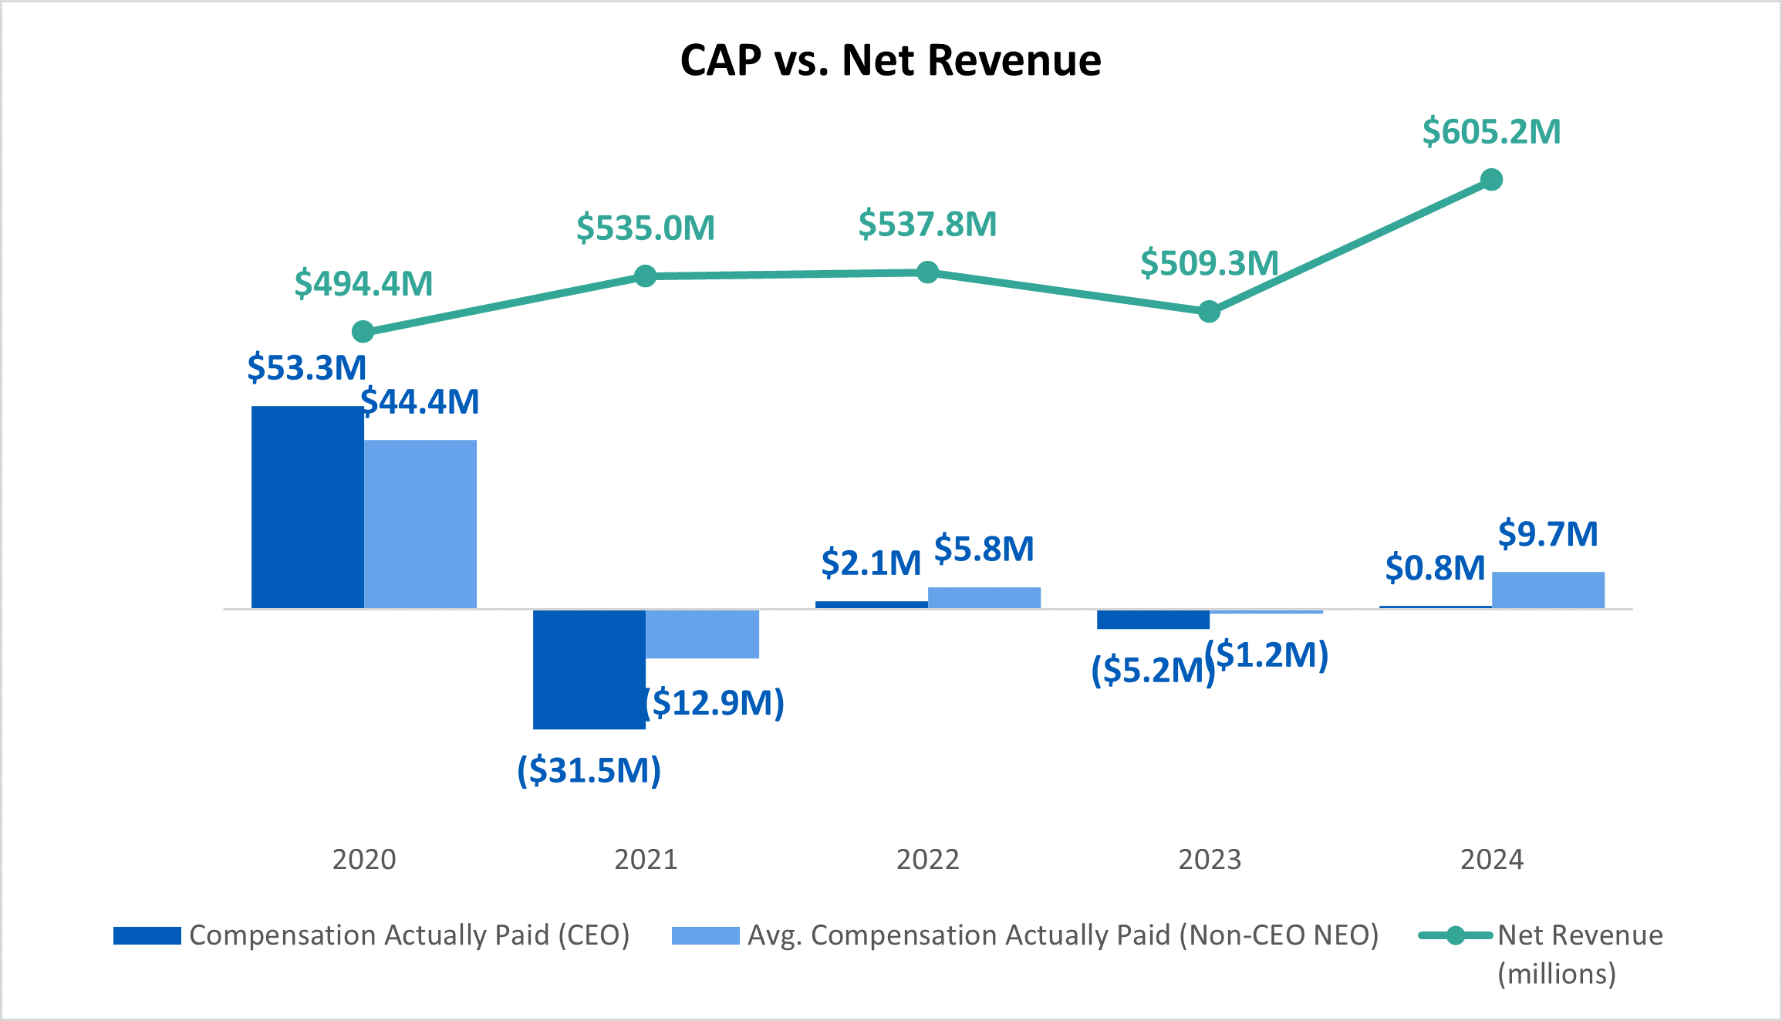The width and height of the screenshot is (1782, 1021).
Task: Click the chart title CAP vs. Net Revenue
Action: click(x=890, y=60)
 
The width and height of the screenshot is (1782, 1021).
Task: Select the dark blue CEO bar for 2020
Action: click(x=307, y=507)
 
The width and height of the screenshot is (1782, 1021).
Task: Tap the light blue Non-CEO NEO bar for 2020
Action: click(x=420, y=524)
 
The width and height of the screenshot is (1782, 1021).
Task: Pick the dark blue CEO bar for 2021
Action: click(x=589, y=669)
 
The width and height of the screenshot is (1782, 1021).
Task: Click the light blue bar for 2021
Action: click(x=702, y=634)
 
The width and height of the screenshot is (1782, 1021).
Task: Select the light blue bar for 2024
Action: click(x=1547, y=590)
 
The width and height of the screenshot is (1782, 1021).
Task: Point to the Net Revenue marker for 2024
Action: click(x=1491, y=180)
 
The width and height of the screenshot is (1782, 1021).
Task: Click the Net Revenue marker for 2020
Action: click(x=363, y=332)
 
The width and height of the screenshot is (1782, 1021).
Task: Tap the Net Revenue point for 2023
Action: click(x=1209, y=312)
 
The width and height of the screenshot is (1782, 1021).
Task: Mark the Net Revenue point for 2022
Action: click(x=927, y=272)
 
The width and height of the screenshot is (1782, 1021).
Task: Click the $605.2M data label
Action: click(x=1491, y=132)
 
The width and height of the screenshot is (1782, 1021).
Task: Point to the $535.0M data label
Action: click(x=645, y=228)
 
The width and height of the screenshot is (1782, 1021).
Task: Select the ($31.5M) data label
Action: click(x=589, y=770)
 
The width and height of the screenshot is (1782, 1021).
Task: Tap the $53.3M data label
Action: click(x=306, y=367)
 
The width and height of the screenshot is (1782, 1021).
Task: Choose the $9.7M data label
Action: click(x=1547, y=534)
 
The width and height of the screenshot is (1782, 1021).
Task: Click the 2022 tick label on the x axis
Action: click(x=927, y=860)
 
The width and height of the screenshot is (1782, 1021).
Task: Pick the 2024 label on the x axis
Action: click(x=1491, y=860)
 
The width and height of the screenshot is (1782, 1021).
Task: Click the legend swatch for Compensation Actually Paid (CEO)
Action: click(x=147, y=935)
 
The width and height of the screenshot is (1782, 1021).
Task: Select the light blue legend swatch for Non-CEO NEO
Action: click(x=705, y=935)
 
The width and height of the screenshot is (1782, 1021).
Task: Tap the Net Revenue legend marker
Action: click(x=1455, y=935)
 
